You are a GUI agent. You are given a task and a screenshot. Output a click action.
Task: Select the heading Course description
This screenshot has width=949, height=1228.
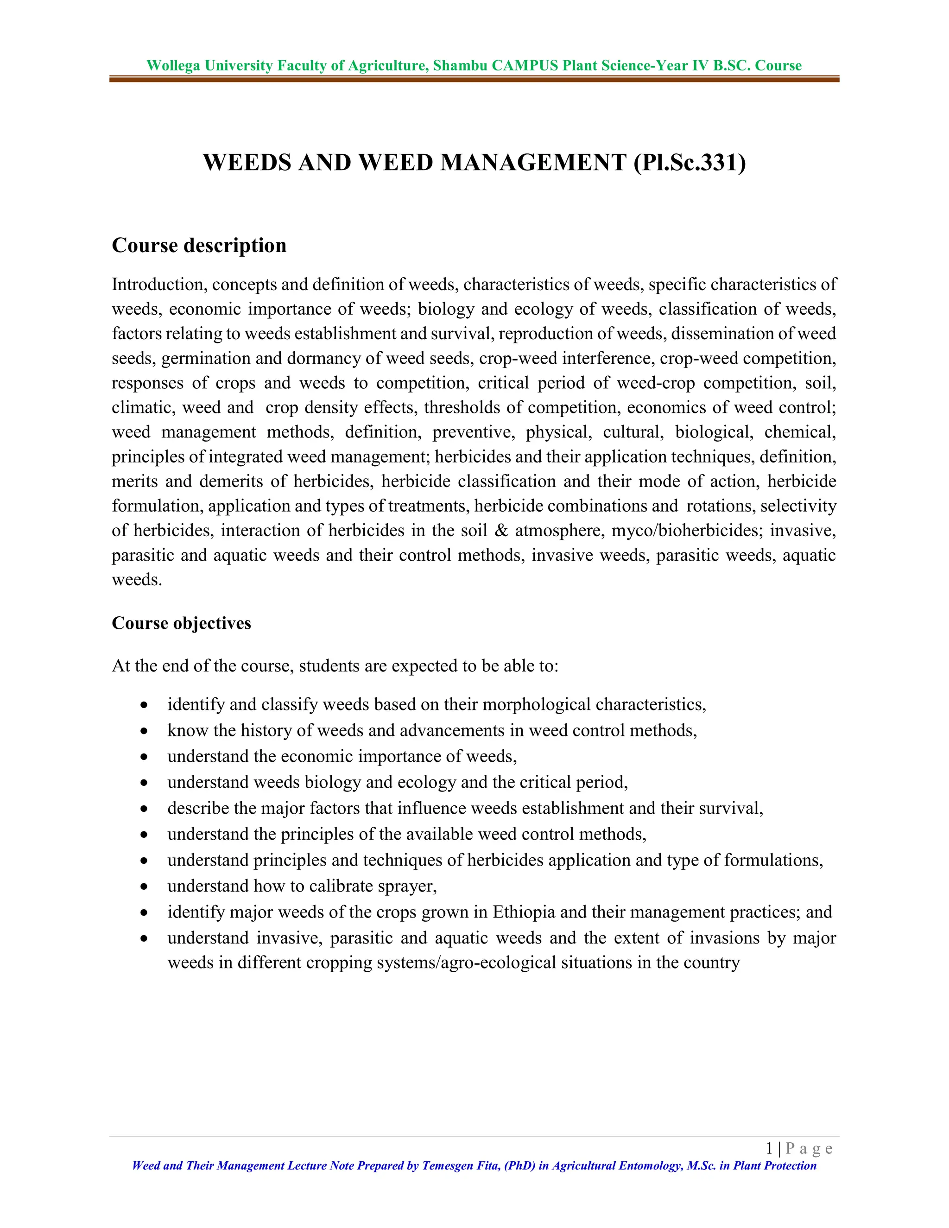coord(199,245)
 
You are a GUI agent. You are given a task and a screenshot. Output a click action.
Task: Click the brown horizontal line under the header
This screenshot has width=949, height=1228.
coord(474,79)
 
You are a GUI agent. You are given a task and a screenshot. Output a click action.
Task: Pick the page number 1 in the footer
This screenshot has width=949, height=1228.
coord(769,1148)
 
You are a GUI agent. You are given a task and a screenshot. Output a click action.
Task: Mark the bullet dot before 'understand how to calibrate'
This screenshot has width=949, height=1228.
coord(145,886)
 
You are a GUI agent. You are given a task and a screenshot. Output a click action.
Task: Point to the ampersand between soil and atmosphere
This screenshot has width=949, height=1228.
coord(501,530)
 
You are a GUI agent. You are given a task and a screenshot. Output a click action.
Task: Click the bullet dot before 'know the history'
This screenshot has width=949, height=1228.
coord(145,731)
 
